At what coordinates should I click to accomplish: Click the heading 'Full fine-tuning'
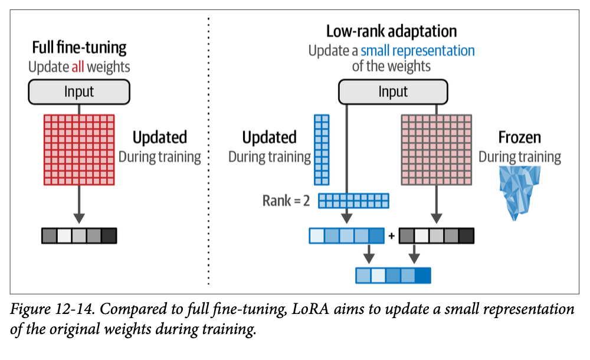[x=79, y=48]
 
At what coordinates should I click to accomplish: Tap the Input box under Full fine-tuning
[x=79, y=92]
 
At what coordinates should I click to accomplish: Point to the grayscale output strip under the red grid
[x=79, y=235]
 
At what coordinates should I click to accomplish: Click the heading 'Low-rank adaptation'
[x=391, y=31]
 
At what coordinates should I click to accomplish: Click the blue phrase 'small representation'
[x=417, y=50]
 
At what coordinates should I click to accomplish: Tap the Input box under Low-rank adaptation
[x=393, y=92]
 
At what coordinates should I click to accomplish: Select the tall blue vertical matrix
[x=322, y=150]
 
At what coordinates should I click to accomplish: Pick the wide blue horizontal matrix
[x=354, y=201]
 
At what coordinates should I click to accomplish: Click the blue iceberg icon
[x=520, y=192]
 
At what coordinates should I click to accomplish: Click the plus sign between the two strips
[x=391, y=237]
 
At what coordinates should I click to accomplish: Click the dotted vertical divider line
[x=209, y=148]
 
